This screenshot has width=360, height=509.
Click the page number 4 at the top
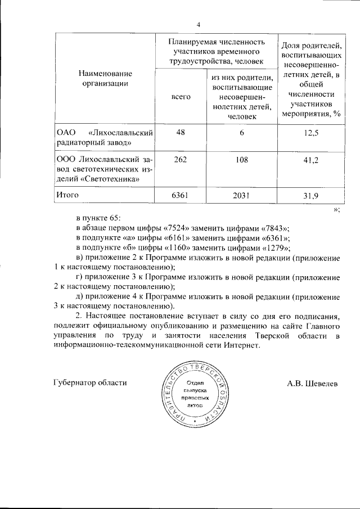[x=199, y=24]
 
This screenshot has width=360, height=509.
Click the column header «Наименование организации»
[x=105, y=79]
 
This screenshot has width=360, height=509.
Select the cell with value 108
[x=242, y=160]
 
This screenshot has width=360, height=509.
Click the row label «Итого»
[x=67, y=195]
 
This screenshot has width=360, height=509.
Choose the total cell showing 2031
[x=242, y=196]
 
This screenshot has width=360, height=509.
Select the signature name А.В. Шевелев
[x=313, y=383]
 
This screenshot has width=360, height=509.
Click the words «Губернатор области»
[x=90, y=383]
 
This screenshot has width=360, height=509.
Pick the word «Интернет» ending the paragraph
[x=242, y=346]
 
